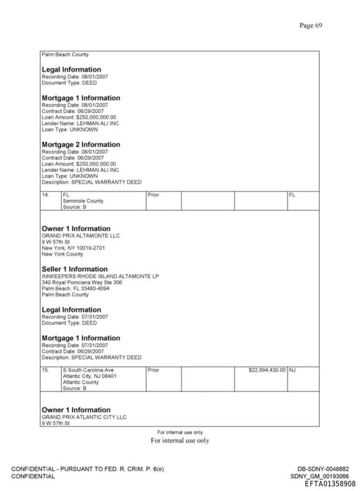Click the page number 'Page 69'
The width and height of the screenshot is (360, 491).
[310, 25]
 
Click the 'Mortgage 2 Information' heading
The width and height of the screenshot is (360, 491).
[81, 145]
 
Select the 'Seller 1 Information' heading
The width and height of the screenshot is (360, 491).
[75, 269]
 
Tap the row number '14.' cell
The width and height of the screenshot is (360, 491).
[46, 195]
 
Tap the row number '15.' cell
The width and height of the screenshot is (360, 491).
[46, 369]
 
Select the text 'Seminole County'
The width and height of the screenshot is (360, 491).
[83, 201]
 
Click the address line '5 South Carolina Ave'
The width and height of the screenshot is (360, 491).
[88, 369]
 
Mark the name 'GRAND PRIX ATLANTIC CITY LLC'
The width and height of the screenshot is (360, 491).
[84, 417]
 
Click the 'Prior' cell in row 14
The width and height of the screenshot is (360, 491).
[154, 195]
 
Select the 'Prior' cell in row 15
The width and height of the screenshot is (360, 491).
[154, 369]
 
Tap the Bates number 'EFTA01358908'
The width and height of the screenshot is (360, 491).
[330, 484]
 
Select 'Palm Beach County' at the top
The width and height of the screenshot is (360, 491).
[65, 55]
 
